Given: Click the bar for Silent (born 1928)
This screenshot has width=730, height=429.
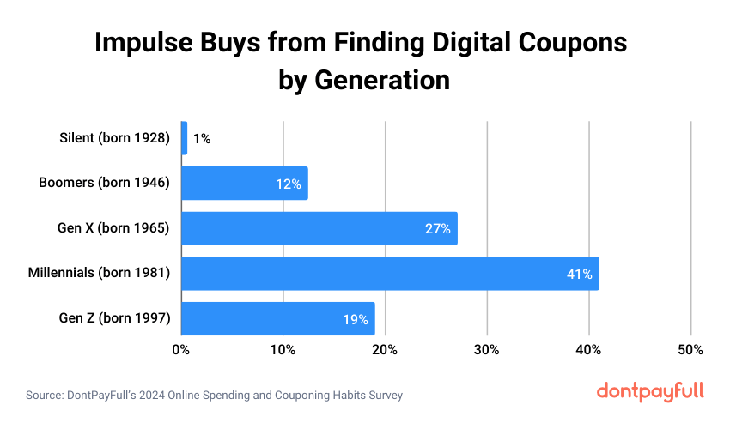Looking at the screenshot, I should (184, 138).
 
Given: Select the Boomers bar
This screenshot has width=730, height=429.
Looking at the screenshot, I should (244, 184).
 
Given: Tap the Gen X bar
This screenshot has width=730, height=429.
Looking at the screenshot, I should (319, 228).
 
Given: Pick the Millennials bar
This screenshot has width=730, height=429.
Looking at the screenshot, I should (389, 274).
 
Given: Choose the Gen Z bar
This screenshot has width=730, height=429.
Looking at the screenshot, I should (277, 319).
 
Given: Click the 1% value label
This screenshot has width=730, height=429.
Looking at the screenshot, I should (202, 138).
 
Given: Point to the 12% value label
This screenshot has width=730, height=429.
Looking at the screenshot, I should (289, 184).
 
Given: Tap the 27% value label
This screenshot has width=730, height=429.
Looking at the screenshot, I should (438, 229).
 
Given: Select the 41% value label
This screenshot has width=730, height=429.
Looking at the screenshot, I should (579, 275).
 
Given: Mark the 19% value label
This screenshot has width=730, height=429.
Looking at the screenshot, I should (356, 320).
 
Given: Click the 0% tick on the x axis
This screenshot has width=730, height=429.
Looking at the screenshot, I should (180, 350).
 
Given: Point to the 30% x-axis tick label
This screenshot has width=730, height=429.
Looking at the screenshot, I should (487, 350).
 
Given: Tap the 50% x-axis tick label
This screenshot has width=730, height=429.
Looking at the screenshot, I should (690, 350).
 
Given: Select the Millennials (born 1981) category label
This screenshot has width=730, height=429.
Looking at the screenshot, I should (100, 274).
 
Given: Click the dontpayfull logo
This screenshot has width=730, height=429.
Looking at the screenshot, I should (650, 391).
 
